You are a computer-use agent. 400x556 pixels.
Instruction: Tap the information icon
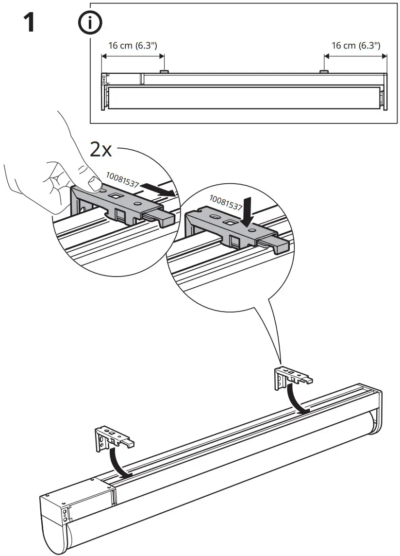(x=88, y=22)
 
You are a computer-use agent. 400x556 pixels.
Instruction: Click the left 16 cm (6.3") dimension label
(x=133, y=45)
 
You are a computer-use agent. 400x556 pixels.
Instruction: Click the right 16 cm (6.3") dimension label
(x=355, y=45)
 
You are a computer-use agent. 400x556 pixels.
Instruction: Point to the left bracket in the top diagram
(x=164, y=71)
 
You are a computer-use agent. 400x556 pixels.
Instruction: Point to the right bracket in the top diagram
(x=324, y=71)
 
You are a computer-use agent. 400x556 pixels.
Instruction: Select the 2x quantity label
(x=101, y=150)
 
